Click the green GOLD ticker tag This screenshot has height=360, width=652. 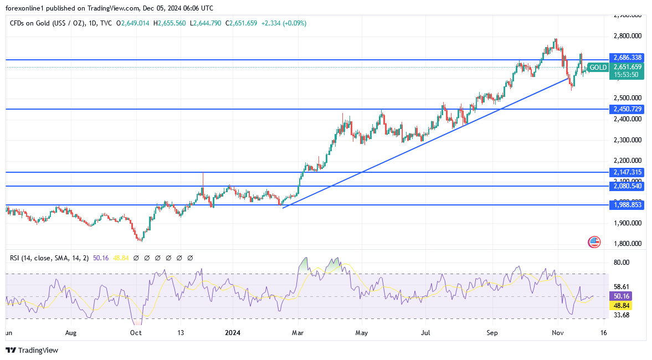tap(598, 68)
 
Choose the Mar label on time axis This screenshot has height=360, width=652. tap(298, 333)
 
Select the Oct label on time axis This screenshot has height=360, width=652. tap(136, 333)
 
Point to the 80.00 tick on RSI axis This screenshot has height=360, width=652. tap(622, 263)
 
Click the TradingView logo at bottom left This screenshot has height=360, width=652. tap(32, 350)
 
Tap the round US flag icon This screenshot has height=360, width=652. tap(594, 242)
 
